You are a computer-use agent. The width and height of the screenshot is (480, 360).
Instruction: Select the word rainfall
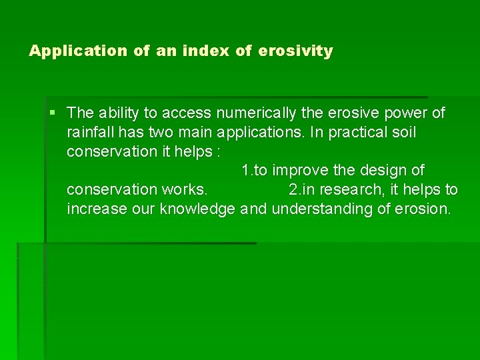[92, 132]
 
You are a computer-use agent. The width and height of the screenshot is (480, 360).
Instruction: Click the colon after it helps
[217, 151]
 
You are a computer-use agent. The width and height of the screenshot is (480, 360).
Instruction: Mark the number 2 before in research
[293, 189]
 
